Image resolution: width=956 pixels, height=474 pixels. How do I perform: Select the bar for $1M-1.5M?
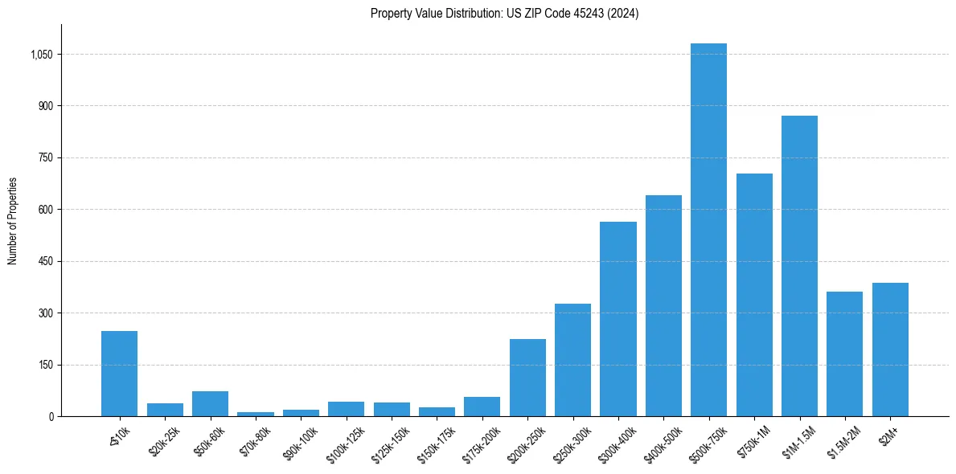point(799,266)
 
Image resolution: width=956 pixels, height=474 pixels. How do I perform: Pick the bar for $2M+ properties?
point(890,349)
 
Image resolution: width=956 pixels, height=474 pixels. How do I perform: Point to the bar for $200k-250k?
point(527,378)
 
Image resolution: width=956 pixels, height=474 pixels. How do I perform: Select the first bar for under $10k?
point(119,374)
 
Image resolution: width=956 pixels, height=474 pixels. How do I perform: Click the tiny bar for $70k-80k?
point(256,414)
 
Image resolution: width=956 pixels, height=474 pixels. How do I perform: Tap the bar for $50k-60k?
point(210,404)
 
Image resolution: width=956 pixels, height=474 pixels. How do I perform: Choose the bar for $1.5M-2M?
point(844,353)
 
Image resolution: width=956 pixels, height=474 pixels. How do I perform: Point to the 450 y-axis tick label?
point(45,261)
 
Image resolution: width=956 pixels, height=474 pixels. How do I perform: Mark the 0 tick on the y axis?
point(51,416)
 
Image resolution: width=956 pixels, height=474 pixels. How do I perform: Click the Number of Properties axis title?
point(13,221)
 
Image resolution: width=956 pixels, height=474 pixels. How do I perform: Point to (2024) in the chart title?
point(624,14)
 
